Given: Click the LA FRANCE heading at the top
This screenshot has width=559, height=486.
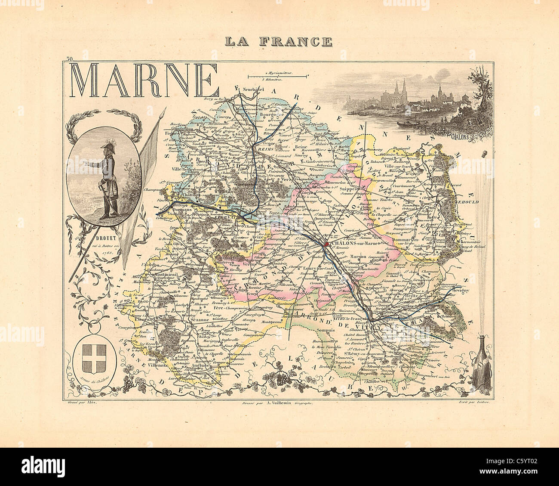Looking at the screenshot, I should point(279,42).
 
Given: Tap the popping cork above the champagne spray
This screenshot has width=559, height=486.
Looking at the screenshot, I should point(484,152).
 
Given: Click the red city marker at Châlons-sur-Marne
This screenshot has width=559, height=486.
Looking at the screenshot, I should point(326,244).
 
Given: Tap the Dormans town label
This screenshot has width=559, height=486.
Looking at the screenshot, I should point(175,210).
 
